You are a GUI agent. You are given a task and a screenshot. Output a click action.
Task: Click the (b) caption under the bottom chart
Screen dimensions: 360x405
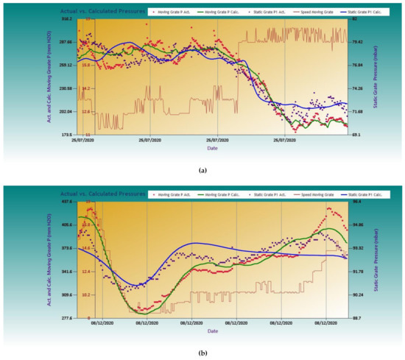tap(202, 352)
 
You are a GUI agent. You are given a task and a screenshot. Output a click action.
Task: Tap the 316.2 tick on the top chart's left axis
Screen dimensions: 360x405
tap(66, 19)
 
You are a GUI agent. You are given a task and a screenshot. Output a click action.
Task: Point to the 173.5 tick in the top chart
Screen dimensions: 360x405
tap(66, 135)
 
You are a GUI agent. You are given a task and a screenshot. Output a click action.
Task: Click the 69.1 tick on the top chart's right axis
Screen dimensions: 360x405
tap(357, 135)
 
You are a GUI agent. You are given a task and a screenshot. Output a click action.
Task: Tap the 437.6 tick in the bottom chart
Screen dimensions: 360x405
tap(66, 201)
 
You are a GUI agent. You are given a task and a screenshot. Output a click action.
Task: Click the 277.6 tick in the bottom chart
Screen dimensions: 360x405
tap(66, 317)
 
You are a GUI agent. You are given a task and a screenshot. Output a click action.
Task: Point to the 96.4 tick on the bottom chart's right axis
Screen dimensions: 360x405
tap(357, 201)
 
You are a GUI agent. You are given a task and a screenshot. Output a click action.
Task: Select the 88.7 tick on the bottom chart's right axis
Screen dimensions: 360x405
tap(357, 317)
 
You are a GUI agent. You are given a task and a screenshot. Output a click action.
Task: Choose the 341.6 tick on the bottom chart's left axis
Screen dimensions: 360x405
tap(66, 272)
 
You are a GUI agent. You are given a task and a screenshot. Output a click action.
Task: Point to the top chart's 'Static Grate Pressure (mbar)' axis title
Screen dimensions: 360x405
tap(376, 77)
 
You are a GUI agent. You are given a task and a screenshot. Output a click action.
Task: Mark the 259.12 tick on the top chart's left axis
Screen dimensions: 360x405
tap(66, 66)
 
